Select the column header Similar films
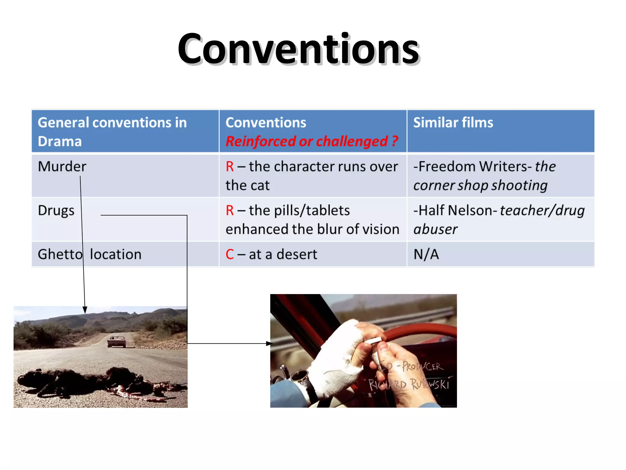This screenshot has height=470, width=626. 453,123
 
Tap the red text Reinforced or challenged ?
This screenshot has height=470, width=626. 312,141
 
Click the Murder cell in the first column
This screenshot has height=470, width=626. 62,167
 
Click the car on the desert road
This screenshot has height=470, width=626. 116,341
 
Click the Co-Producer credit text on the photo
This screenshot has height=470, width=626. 411,366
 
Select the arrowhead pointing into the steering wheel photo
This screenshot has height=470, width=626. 269,344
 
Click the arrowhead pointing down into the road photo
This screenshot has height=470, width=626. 85,310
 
